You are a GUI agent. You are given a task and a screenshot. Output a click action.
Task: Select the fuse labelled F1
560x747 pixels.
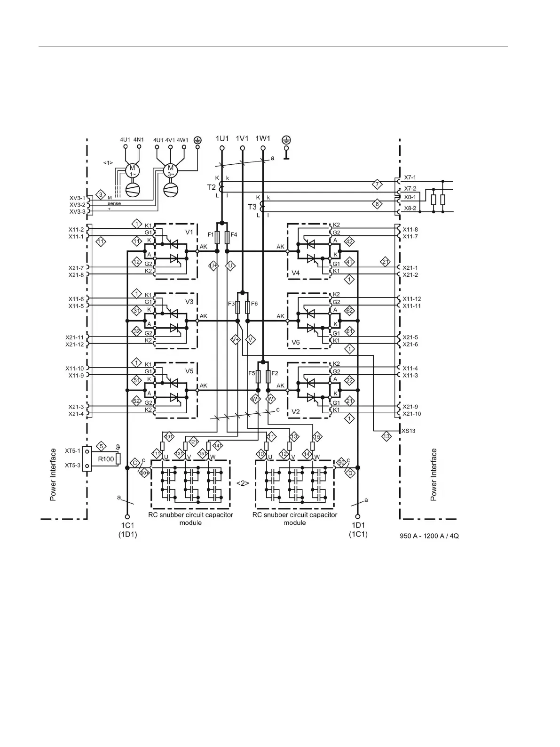point(217,237)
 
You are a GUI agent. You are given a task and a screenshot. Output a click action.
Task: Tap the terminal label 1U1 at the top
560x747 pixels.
point(222,139)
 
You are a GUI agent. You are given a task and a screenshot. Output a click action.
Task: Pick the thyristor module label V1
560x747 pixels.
point(189,233)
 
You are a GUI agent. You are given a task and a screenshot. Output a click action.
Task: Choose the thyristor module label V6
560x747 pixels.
point(295,342)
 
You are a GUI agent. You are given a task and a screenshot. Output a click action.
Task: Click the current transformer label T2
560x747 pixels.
point(212,187)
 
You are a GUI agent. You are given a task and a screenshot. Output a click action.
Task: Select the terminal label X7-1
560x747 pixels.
point(410,177)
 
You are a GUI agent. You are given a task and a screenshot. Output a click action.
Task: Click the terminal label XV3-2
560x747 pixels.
point(78,205)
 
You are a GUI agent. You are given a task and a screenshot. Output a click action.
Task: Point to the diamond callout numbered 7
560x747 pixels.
point(377,184)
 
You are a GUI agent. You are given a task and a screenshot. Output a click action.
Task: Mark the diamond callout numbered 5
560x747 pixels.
point(101,445)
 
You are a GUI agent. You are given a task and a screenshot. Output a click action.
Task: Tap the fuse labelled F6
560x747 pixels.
point(248,307)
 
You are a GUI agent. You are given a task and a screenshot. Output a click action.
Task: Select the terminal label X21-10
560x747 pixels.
point(412,414)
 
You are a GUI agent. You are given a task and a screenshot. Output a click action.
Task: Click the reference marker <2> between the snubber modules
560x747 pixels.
point(242,483)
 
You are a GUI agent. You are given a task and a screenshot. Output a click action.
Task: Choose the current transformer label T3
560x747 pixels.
point(252,207)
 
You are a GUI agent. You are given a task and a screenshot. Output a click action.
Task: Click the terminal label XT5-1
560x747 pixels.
point(73,451)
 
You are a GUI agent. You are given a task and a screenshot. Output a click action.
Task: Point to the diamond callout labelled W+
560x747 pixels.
point(255,399)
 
